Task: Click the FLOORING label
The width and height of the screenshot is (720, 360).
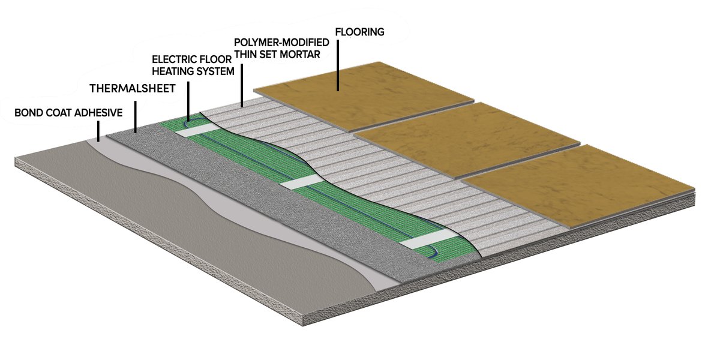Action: (359, 32)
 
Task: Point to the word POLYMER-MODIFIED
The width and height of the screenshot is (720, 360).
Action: (281, 43)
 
